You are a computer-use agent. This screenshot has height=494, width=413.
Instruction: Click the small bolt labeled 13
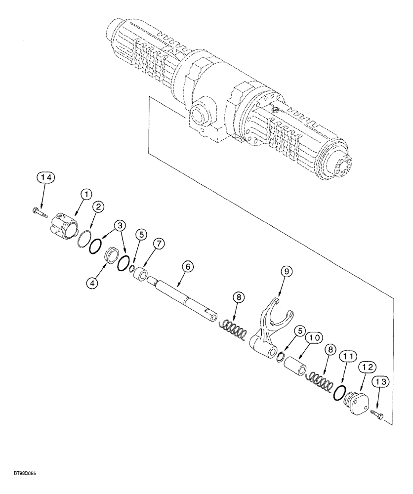coord(377,416)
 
